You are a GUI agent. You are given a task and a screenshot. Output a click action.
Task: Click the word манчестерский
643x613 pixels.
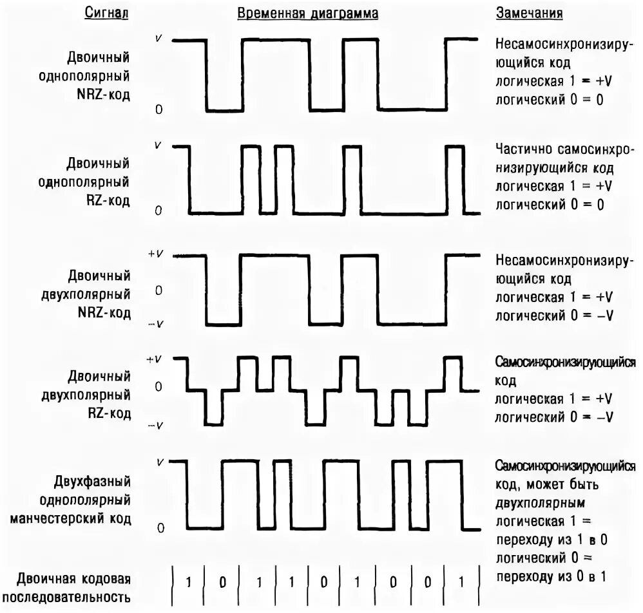[x=71, y=518]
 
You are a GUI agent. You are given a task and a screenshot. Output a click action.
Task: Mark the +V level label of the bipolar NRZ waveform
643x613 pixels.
[x=156, y=254]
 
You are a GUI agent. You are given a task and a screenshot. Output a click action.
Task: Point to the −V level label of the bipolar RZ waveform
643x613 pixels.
[x=156, y=426]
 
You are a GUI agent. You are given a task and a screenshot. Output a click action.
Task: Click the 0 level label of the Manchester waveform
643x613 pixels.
[x=158, y=528]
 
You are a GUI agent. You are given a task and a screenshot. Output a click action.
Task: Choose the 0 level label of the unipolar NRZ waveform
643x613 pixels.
[x=158, y=109]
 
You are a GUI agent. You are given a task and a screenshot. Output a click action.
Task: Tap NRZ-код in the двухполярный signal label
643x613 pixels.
[x=105, y=313]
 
